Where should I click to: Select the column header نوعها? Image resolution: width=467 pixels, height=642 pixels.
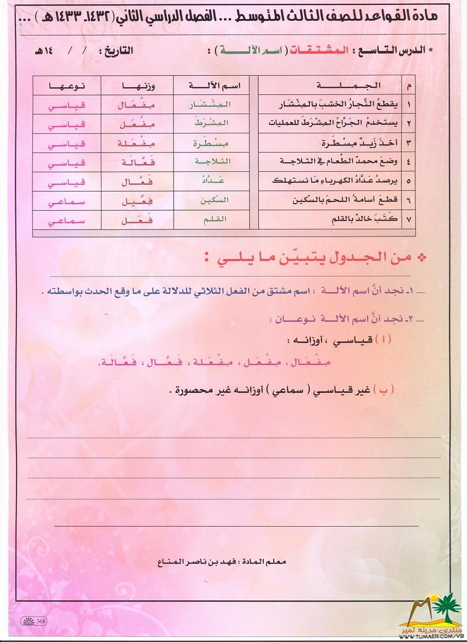pos(66,85)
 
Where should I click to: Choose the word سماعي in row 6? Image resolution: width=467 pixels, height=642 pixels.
pos(66,201)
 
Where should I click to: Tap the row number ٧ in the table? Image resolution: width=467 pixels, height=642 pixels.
pos(409,219)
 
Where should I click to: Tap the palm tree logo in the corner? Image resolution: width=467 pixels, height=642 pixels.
pos(440,610)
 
